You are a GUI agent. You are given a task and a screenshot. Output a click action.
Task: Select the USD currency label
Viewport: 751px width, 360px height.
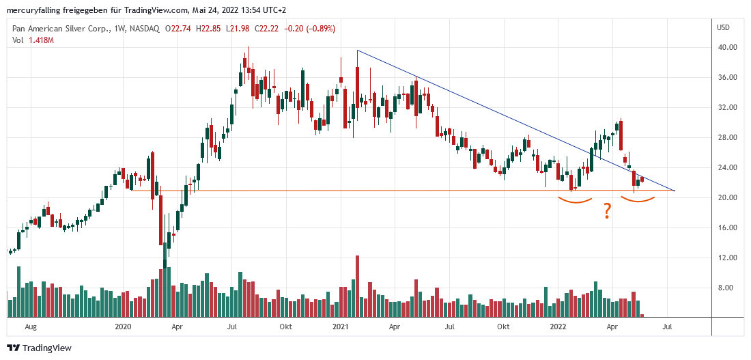(724, 27)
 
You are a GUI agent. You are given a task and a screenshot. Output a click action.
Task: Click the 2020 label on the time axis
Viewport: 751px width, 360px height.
(123, 327)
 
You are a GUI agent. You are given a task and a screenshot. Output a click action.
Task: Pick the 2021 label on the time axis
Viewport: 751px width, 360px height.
(339, 327)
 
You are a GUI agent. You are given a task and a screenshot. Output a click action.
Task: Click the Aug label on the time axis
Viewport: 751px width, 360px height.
(30, 327)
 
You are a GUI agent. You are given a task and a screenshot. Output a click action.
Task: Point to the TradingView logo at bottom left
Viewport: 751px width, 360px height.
(39, 348)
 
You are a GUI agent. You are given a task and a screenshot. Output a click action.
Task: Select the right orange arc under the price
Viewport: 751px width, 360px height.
(638, 202)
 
